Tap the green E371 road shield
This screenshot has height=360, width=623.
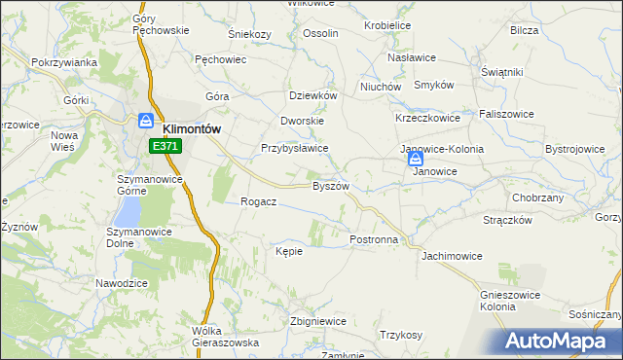coord(165,146)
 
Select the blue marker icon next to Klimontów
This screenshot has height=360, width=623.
coord(146,121)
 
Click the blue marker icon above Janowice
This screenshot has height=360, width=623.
coord(416,158)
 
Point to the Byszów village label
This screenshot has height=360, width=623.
coord(329,186)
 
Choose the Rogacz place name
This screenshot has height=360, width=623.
coord(259,201)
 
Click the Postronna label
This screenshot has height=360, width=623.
coord(374,238)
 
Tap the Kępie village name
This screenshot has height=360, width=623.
coord(289,251)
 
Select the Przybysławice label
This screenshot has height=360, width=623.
coord(294,149)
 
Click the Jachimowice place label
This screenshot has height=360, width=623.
coord(452,256)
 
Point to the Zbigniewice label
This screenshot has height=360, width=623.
coord(318,321)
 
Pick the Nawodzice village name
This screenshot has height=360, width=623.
coord(121,282)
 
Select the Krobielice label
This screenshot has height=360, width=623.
coord(386,25)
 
